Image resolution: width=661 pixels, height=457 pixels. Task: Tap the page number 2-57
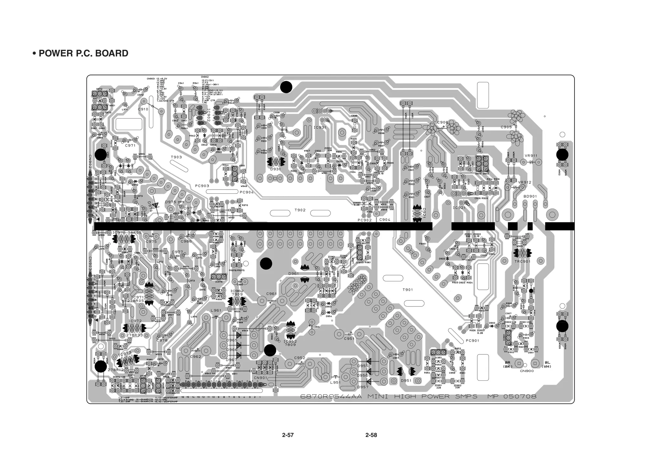pos(288,435)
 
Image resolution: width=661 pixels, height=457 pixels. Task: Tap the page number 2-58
pos(371,435)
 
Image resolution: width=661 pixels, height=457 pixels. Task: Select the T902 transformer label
pos(300,210)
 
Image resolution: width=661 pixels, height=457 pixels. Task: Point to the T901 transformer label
pos(408,290)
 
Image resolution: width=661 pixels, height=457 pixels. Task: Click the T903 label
pos(176,157)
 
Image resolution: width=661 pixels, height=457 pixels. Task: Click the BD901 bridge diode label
pos(530,196)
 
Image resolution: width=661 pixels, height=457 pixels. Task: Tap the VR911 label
pos(531,156)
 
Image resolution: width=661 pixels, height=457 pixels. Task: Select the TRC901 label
pos(523,261)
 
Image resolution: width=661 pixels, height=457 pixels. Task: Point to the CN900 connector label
pos(527,371)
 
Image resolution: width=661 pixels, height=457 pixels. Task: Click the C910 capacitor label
pos(143,109)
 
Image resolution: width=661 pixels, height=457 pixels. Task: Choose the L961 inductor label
pos(216,310)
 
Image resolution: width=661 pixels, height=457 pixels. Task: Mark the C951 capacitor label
pos(349,339)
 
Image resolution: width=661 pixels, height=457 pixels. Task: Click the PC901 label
pos(473,341)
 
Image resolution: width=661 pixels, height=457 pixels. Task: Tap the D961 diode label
pos(293,274)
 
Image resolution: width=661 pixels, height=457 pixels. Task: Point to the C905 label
pos(506,127)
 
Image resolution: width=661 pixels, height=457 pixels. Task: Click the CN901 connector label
pos(260,378)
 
